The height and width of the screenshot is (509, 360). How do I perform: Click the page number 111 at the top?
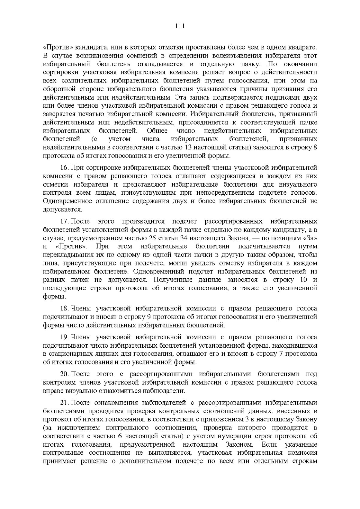tap(180, 26)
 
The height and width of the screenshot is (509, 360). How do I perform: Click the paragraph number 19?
tap(64, 337)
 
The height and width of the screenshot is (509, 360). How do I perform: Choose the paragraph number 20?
tap(64, 374)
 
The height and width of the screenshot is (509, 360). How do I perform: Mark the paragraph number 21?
tap(64, 403)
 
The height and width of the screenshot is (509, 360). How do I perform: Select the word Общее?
tap(157, 131)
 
